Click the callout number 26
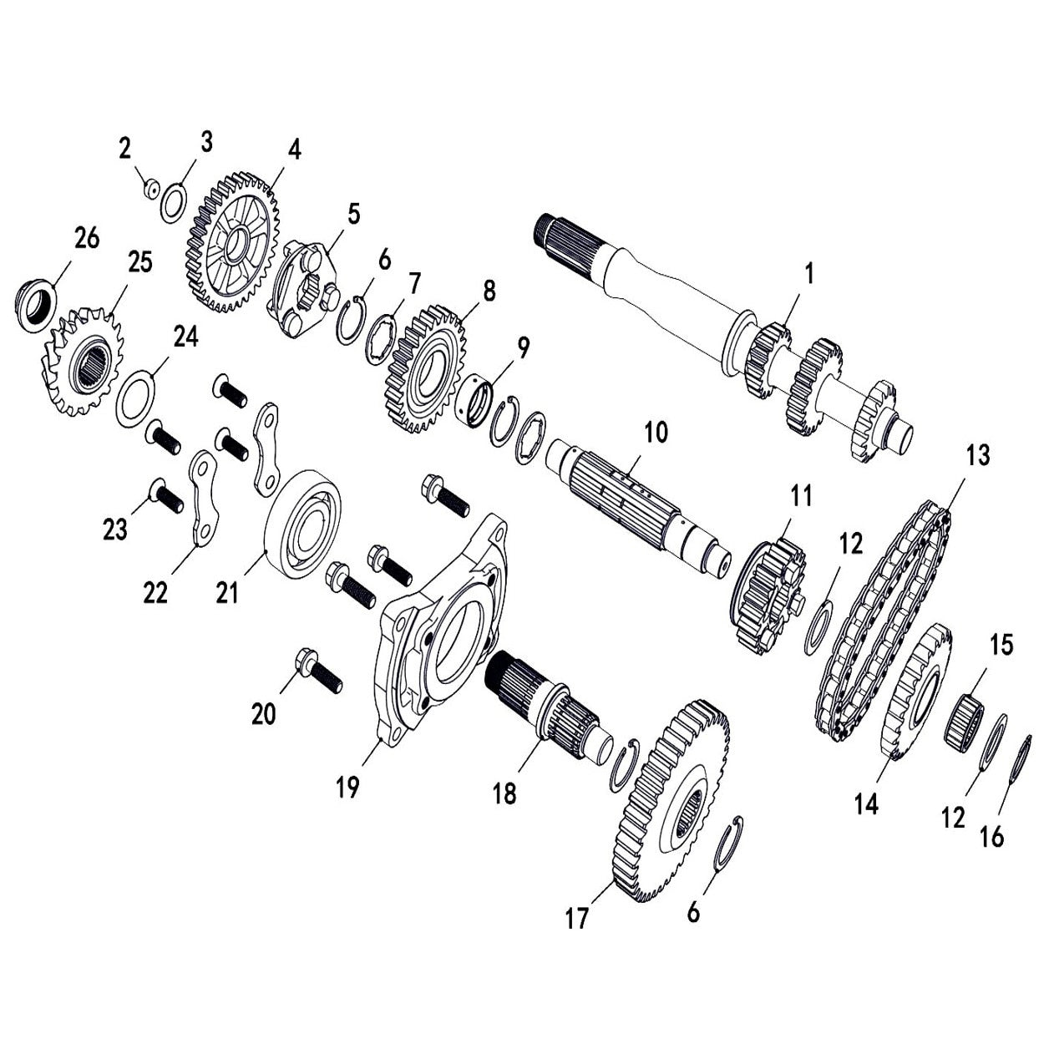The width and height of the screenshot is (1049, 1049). (87, 238)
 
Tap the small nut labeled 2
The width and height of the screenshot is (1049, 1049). (150, 190)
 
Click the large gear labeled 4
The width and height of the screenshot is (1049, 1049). (231, 243)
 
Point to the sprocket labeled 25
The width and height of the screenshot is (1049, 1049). (81, 364)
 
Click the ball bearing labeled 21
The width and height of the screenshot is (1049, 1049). (302, 524)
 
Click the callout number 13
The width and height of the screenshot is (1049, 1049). (977, 456)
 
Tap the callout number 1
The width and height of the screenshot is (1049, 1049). (808, 273)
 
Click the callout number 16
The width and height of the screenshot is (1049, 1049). (991, 836)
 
